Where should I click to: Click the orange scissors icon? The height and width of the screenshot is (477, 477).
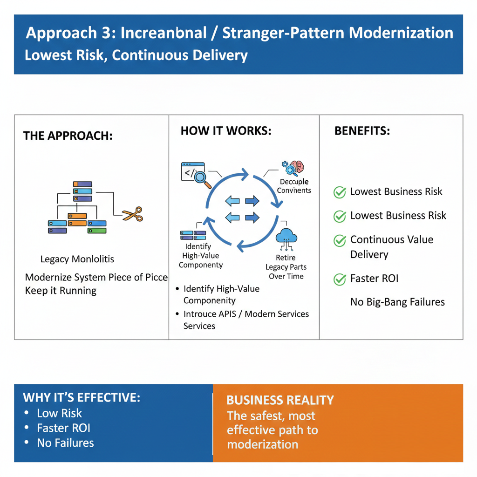133,214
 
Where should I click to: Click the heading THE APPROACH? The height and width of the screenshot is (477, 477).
68,136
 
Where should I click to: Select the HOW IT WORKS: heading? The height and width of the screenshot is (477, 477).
226,131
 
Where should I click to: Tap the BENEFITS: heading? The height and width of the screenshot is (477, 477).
362,131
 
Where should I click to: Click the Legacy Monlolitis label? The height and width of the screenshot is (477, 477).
77,259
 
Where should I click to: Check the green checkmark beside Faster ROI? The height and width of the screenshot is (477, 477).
340,279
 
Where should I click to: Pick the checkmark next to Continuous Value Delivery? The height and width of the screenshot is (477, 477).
340,240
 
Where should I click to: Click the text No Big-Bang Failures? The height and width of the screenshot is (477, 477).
397,302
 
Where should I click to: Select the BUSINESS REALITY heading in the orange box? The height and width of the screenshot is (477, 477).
280,400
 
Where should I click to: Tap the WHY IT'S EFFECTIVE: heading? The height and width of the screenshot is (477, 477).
82,398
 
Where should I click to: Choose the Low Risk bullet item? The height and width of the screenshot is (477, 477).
59,413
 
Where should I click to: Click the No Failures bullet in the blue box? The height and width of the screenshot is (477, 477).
65,443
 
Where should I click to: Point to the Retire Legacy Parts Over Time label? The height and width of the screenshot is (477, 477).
286,267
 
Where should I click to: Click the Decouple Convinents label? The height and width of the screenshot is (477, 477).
294,186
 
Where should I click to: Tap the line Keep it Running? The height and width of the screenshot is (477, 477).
61,291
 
